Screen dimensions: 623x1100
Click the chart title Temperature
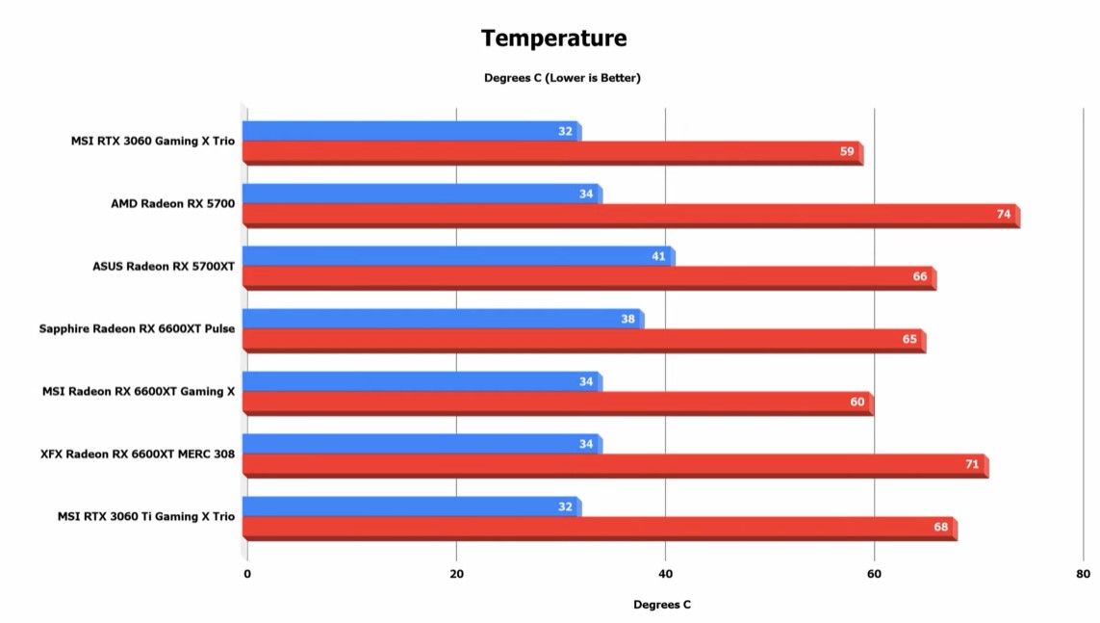pos(553,39)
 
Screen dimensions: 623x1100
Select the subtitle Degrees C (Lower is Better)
pos(562,78)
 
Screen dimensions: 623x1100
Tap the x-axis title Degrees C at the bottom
pos(661,605)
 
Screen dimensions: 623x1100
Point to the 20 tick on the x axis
pos(456,575)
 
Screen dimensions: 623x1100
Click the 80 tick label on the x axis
pos(1083,575)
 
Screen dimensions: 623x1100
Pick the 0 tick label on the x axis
pos(247,575)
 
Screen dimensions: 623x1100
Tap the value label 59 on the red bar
pos(847,151)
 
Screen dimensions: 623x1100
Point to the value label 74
pos(1004,214)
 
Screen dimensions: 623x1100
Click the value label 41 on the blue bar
pos(658,256)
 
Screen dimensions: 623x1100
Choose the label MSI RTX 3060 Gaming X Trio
pos(152,142)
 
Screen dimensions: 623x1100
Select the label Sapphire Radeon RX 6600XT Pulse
pos(137,329)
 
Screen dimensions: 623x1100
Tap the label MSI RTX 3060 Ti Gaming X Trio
pos(144,517)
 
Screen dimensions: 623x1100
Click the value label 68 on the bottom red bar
pos(940,527)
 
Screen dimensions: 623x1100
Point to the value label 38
pos(627,319)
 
